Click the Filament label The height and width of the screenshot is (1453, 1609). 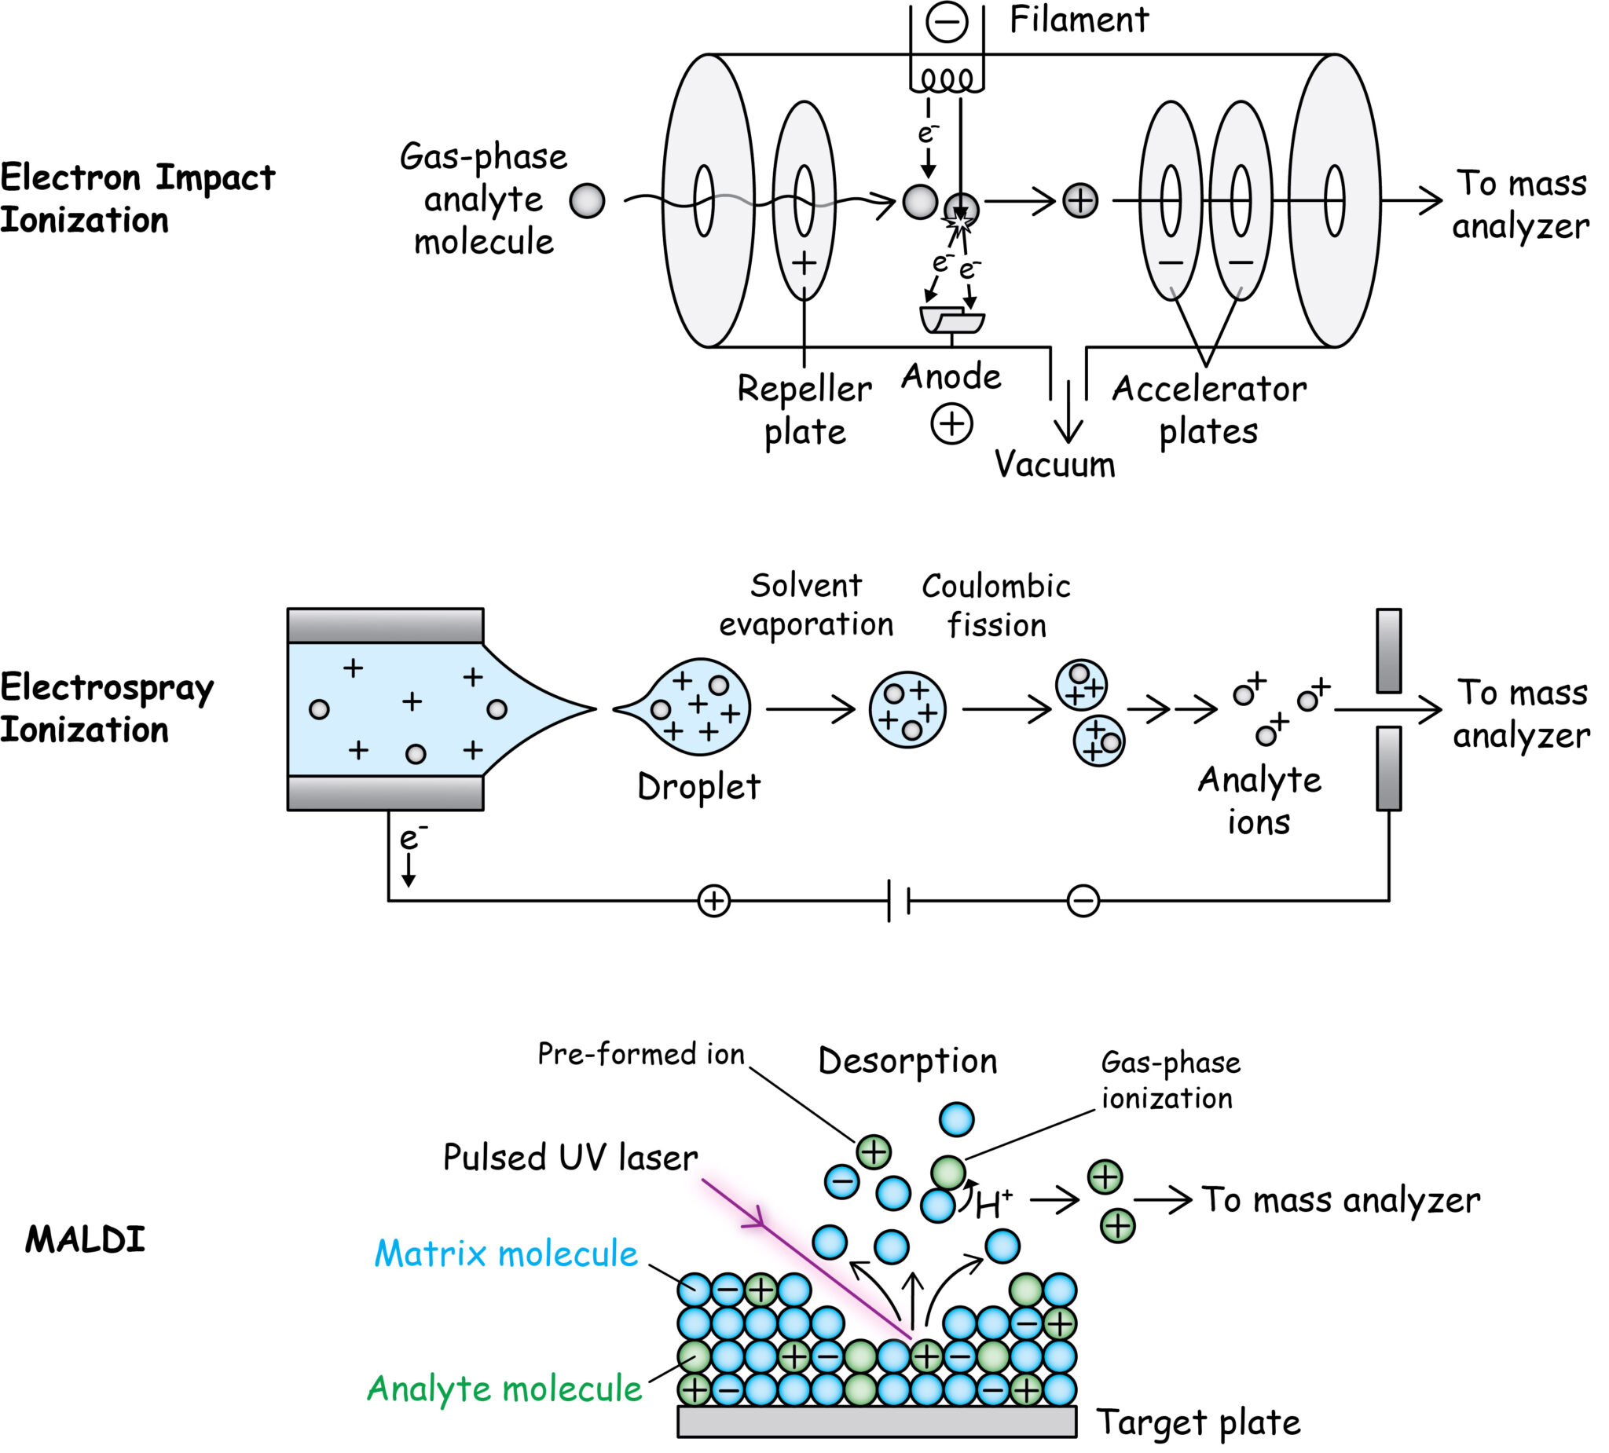1078,20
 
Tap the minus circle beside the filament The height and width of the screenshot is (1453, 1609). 947,21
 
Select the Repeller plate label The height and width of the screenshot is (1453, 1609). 804,410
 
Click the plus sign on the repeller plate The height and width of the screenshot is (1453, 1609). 804,263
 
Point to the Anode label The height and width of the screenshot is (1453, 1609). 951,377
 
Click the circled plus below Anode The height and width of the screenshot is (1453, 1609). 951,423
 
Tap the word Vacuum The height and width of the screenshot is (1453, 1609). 1054,464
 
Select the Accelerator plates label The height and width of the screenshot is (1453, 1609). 1208,410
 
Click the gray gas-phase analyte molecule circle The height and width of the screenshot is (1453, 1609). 587,200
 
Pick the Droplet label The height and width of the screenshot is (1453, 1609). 698,788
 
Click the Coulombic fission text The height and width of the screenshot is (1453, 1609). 995,606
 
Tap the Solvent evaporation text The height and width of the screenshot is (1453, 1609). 806,605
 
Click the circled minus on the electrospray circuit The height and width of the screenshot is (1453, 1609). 1083,902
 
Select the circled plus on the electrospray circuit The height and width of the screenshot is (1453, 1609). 713,902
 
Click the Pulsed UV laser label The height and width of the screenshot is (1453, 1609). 570,1158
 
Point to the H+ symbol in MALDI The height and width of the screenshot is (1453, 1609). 993,1203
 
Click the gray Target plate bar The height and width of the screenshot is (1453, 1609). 876,1421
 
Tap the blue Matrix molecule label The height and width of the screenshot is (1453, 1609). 506,1254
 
